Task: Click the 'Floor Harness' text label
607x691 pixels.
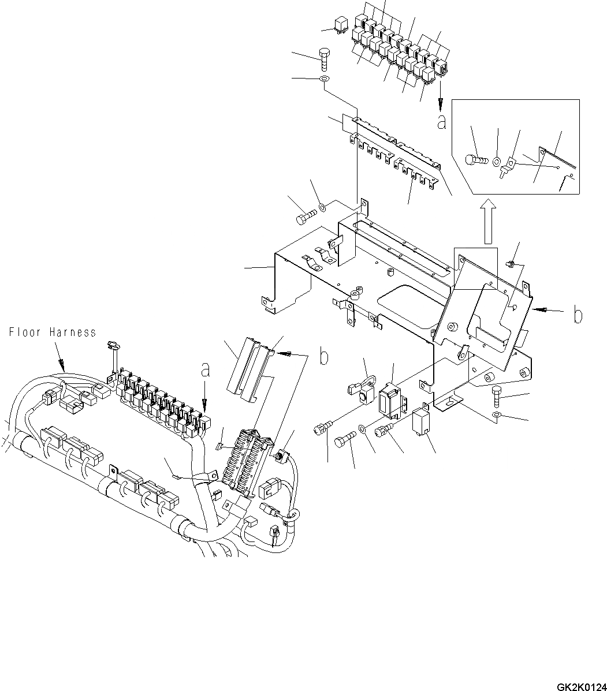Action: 53,333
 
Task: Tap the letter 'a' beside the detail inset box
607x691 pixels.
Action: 441,122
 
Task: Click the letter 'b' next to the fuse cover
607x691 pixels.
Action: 325,357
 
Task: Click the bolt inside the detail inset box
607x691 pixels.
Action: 475,158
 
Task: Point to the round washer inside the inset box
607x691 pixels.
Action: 498,159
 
